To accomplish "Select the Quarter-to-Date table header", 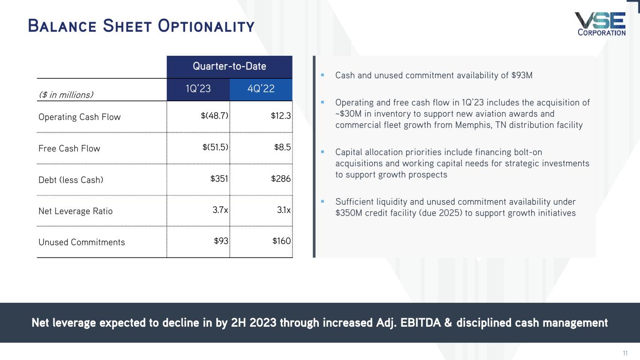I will pos(229,67).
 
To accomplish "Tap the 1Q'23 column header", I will pos(198,89).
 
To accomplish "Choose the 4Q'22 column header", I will pos(261,89).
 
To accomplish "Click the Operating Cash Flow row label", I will pos(79,117).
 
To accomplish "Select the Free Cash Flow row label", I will pos(69,148).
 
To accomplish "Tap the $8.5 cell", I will pos(283,147).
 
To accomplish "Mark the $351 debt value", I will pos(219,179).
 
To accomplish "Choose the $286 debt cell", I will pos(281,179).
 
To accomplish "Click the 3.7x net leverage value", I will pos(220,210).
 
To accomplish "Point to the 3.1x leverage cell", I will pos(283,210).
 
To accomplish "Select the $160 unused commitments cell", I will pos(281,241).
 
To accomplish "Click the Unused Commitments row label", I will pos(82,242).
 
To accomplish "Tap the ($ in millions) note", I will pos(66,95).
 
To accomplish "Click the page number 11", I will pos(625,353).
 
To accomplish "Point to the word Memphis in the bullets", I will pos(471,125).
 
